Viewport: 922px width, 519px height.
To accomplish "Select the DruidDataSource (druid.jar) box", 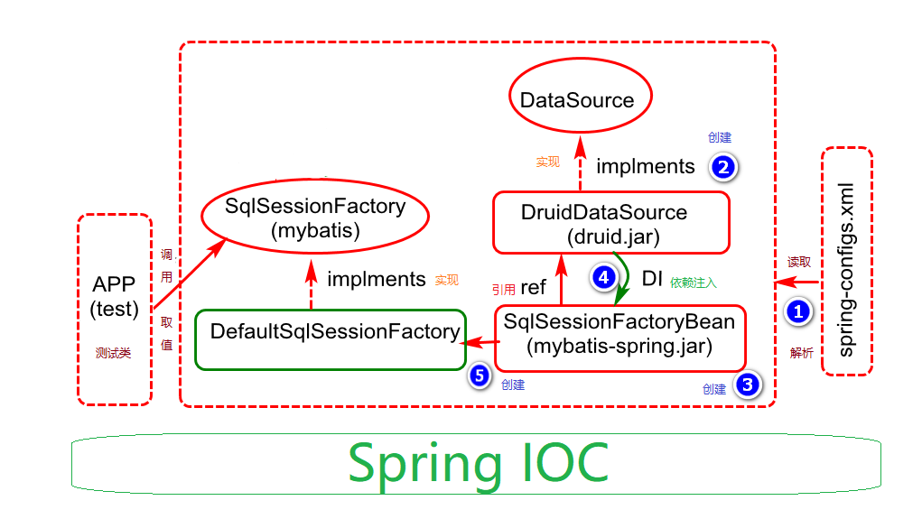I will (610, 223).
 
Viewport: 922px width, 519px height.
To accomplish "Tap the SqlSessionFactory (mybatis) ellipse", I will (314, 218).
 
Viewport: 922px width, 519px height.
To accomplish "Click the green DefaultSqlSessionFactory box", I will (331, 338).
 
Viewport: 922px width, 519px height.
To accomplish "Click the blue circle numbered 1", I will (798, 311).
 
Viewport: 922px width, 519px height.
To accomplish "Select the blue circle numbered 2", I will (723, 166).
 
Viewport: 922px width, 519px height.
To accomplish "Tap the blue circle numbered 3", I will (747, 385).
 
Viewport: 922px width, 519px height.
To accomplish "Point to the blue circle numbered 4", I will (602, 277).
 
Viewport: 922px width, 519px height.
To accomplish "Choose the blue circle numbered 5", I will (480, 375).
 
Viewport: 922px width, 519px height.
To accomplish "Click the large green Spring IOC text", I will (478, 463).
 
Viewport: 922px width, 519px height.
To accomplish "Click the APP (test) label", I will (115, 297).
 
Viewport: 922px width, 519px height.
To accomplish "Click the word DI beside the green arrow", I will (652, 279).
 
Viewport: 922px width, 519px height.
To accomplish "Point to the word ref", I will (533, 288).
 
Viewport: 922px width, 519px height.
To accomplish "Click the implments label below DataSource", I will (645, 166).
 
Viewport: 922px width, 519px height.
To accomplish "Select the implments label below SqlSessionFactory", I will (376, 280).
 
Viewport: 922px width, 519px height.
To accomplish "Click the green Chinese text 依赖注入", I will (694, 283).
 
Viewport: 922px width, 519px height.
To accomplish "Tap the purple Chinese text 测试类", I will (114, 353).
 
